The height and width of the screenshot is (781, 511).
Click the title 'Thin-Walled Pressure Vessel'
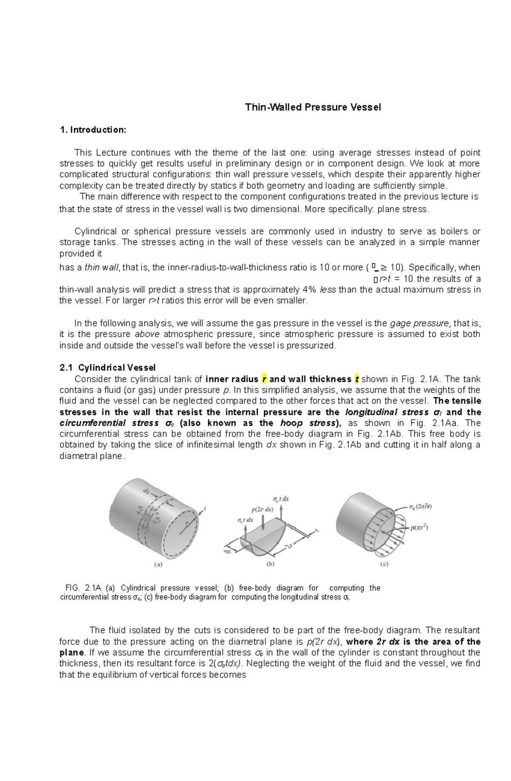point(313,107)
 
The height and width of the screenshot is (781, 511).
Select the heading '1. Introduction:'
point(93,130)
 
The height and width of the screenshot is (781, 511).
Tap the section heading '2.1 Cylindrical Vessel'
point(107,367)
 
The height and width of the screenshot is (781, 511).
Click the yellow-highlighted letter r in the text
point(264,379)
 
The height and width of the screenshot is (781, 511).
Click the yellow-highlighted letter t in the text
point(357,379)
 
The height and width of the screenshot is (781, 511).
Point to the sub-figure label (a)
point(158,565)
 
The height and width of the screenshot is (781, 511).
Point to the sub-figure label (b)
point(270,564)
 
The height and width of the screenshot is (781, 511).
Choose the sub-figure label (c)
point(384,564)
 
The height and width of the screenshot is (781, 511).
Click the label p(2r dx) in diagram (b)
point(262,509)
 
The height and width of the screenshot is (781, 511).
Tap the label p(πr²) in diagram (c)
point(419,528)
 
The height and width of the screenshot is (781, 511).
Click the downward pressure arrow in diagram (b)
point(264,522)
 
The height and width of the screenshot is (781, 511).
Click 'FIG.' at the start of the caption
point(72,588)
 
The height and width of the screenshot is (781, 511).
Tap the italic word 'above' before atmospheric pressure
point(147,334)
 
